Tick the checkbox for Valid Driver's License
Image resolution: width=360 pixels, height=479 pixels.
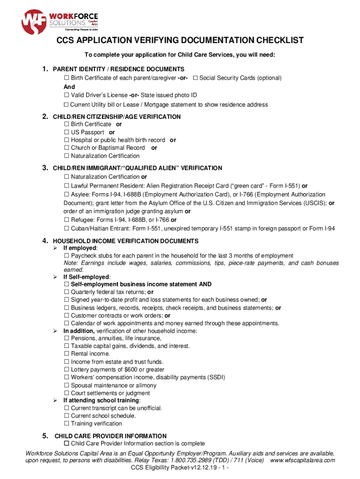coord(66,95)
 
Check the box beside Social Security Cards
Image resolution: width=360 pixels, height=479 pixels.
coord(195,78)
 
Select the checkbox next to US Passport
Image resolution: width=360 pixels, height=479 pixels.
coord(66,132)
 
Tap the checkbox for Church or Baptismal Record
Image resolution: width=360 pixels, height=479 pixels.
coord(66,148)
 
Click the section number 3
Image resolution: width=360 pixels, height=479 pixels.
coord(45,167)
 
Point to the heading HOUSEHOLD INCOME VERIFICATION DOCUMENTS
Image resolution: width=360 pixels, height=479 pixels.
coord(125,241)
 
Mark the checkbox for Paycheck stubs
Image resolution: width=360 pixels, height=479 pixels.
coord(66,256)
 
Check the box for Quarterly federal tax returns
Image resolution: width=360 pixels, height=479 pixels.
coord(66,292)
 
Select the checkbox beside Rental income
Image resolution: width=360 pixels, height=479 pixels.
coord(66,354)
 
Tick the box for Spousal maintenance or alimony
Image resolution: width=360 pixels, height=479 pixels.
coord(66,385)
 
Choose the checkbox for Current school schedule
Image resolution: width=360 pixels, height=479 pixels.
coord(66,416)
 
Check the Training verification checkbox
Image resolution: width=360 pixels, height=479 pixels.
coord(66,424)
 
